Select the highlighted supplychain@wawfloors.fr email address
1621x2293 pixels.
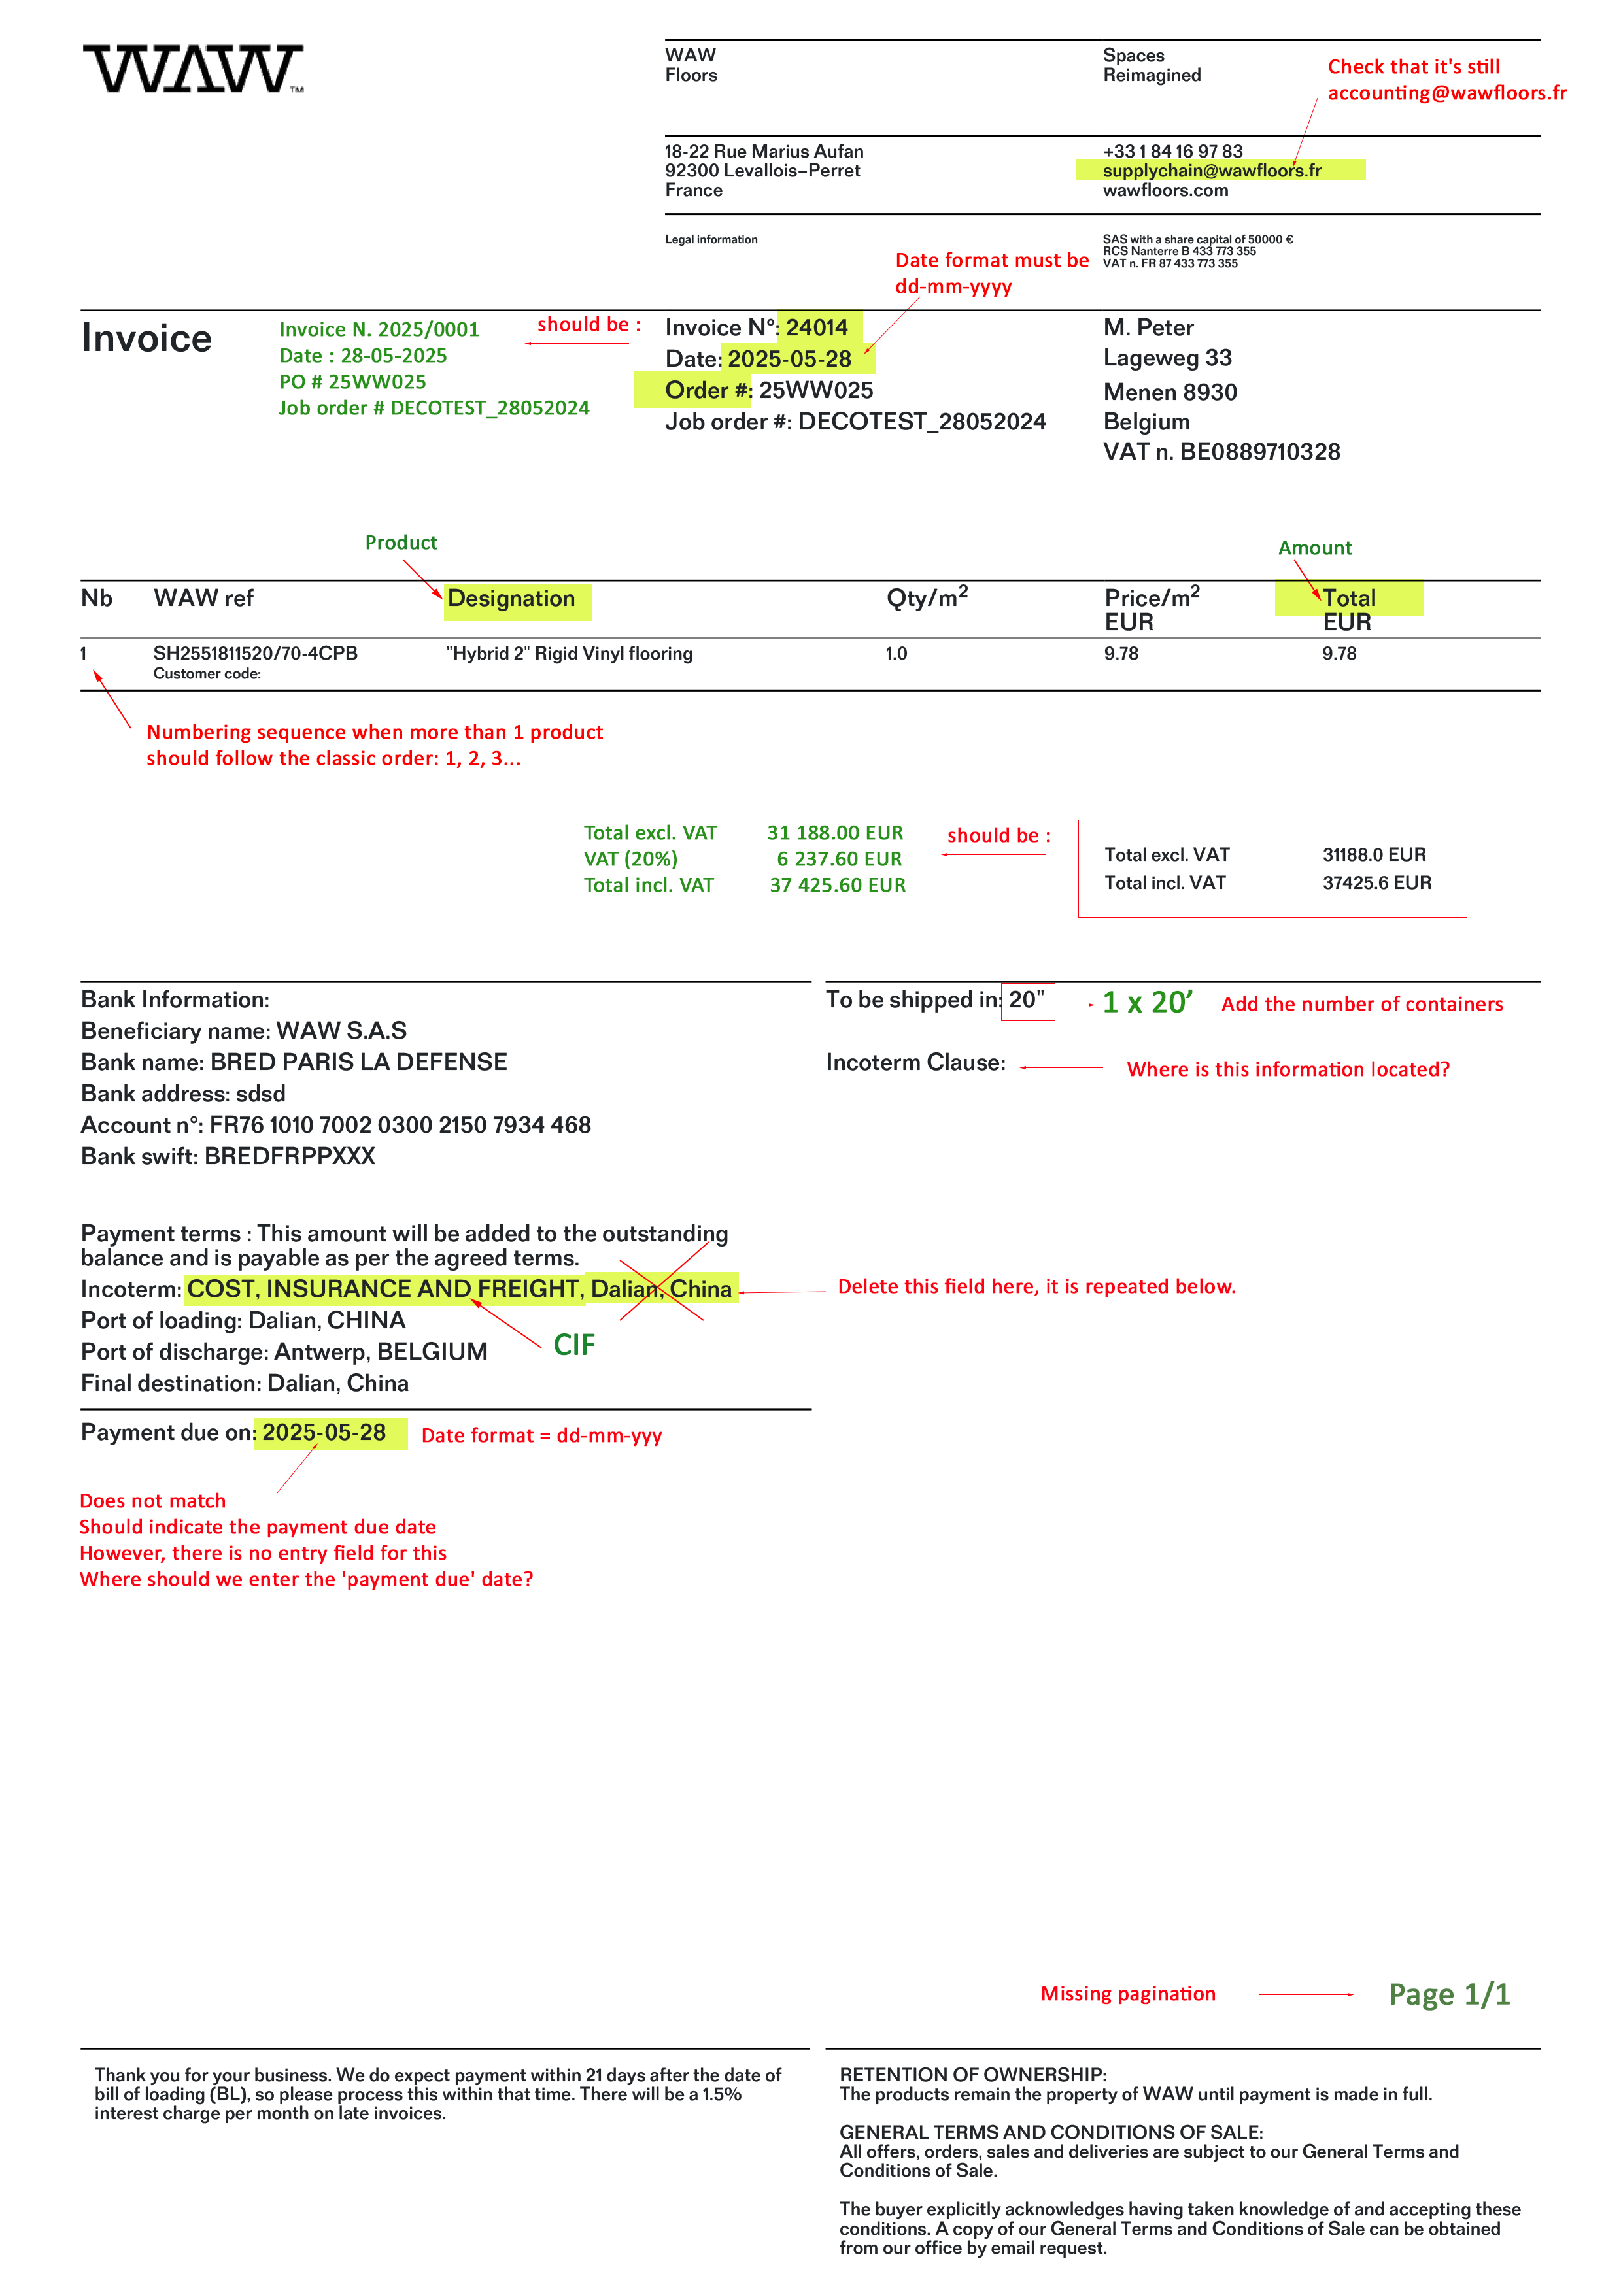[x=1212, y=171]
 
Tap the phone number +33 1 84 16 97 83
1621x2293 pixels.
[x=1172, y=151]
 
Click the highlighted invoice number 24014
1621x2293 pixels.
[x=816, y=327]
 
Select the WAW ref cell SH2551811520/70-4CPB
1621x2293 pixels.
[x=254, y=653]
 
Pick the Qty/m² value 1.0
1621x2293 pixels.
[x=896, y=653]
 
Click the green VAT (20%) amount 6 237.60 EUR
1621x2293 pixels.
[x=839, y=859]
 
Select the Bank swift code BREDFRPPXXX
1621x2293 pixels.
[x=290, y=1156]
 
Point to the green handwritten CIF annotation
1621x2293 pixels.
[x=574, y=1345]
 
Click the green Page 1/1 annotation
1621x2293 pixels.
[x=1448, y=1994]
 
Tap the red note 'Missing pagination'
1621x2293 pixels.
[x=1127, y=1994]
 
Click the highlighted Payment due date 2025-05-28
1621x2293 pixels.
[x=324, y=1433]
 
